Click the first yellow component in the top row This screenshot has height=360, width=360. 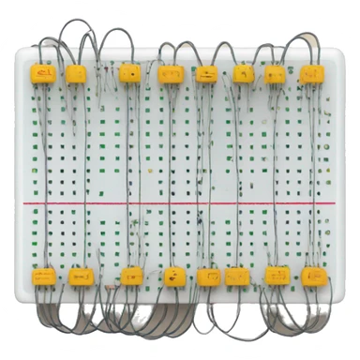tap(42, 72)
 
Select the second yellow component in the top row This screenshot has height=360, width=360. tap(76, 72)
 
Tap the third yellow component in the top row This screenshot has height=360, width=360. tap(130, 72)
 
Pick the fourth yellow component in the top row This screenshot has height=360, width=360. tap(172, 72)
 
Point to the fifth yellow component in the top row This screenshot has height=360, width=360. tap(206, 73)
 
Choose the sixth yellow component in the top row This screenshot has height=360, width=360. tap(244, 73)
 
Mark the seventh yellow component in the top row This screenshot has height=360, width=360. tap(276, 73)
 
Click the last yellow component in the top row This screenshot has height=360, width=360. tap(309, 72)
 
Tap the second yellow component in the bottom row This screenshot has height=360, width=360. tap(80, 277)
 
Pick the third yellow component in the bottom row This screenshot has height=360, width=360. tap(131, 277)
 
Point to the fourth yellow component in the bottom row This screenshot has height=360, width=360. tap(174, 277)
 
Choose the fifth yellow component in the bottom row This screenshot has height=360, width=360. tap(209, 277)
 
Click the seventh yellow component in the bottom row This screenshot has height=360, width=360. tap(277, 277)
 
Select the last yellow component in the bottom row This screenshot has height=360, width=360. tap(311, 277)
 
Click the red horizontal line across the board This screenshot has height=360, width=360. tap(178, 202)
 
